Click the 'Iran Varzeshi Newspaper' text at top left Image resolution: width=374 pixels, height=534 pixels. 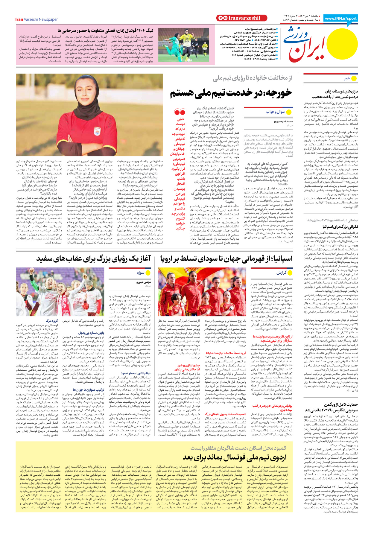click(x=37, y=19)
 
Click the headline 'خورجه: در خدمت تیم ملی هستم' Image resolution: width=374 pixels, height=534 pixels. click(x=231, y=93)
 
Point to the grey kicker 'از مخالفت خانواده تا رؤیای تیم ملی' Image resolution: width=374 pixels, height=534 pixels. click(x=253, y=78)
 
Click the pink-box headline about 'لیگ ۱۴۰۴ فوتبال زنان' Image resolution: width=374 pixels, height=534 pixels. click(x=105, y=31)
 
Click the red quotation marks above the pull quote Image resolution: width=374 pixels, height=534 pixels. click(x=180, y=112)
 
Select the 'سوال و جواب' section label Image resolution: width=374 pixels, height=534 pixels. click(x=275, y=112)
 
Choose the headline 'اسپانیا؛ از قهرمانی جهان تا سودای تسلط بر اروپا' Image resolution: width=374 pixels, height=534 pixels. click(x=226, y=259)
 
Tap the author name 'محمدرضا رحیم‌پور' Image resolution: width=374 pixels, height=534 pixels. click(x=283, y=122)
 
